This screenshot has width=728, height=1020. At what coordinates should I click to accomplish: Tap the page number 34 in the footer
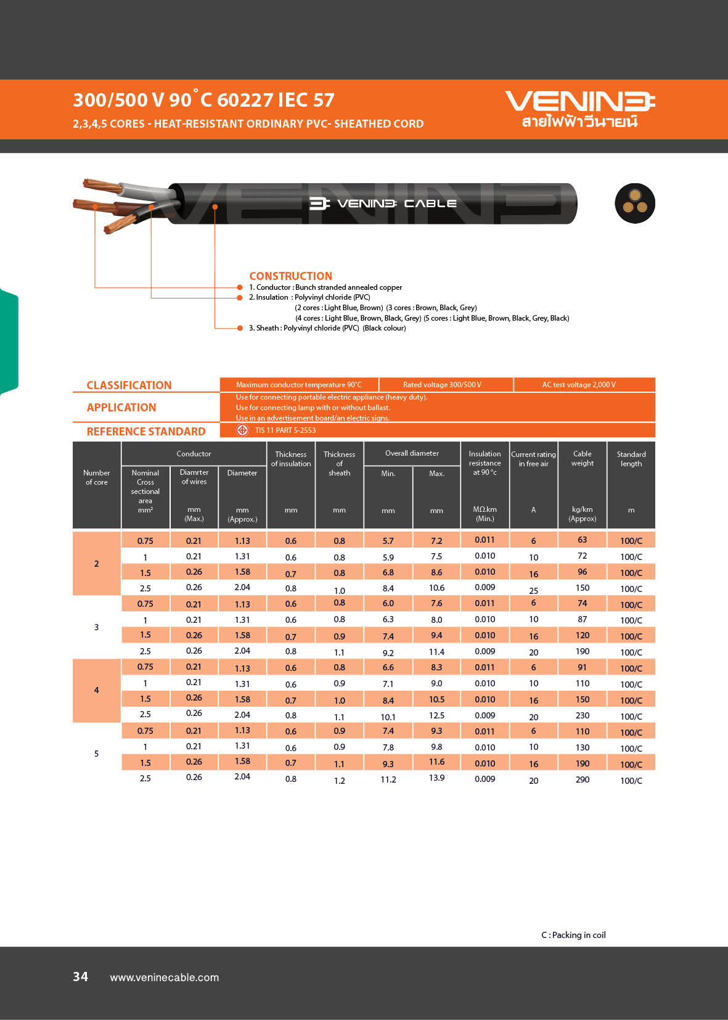tap(80, 976)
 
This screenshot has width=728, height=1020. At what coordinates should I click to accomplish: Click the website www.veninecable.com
tap(164, 977)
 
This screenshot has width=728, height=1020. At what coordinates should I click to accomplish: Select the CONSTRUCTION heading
tap(290, 276)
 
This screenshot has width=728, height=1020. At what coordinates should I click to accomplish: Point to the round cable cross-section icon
tap(634, 204)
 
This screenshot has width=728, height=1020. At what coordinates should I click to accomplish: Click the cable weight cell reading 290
tap(582, 779)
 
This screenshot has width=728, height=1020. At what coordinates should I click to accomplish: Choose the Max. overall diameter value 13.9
tap(436, 778)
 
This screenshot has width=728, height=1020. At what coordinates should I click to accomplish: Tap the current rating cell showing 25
tap(533, 590)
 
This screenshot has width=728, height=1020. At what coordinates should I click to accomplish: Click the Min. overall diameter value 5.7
tap(388, 541)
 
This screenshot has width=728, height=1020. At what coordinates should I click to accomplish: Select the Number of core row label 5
tap(96, 754)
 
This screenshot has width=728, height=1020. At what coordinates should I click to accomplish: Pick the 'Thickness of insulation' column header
tap(291, 459)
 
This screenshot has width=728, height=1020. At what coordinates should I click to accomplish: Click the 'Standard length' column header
tap(631, 459)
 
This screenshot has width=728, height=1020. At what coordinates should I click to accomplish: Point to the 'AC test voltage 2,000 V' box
tap(579, 385)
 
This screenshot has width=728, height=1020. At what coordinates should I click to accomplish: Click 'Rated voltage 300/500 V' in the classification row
tap(442, 385)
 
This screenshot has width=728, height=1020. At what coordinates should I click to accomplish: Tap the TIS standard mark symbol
tap(242, 430)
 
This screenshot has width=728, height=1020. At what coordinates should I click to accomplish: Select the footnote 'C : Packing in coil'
tap(573, 935)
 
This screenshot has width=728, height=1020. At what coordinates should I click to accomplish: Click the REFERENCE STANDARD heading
tap(146, 432)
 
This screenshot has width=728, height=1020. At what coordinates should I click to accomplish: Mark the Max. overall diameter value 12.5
tap(436, 715)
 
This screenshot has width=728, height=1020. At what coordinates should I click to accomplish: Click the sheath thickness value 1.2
tap(339, 781)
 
